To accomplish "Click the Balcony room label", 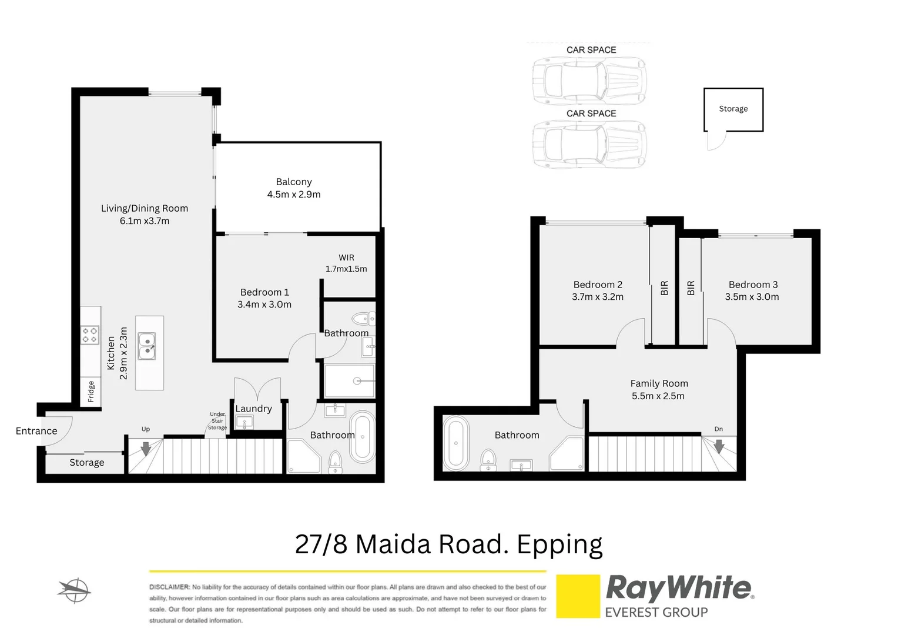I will [294, 182].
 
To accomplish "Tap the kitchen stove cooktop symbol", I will [90, 335].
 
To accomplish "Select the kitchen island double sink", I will [147, 346].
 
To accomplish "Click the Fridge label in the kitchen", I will [91, 392].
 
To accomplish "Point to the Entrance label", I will [36, 431].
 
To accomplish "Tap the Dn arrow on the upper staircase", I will [719, 447].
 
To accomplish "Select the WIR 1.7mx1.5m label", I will [346, 263].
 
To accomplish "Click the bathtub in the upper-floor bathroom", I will [455, 443].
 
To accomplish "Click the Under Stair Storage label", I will [217, 420].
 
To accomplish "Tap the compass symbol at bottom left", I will [75, 590].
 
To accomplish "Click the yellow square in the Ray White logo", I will [578, 596].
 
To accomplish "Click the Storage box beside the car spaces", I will [733, 109].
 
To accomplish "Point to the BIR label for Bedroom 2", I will [665, 288].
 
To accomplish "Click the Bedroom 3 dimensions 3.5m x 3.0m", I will [752, 297].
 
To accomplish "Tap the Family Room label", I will [659, 383].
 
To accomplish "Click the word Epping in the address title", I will [559, 544].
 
